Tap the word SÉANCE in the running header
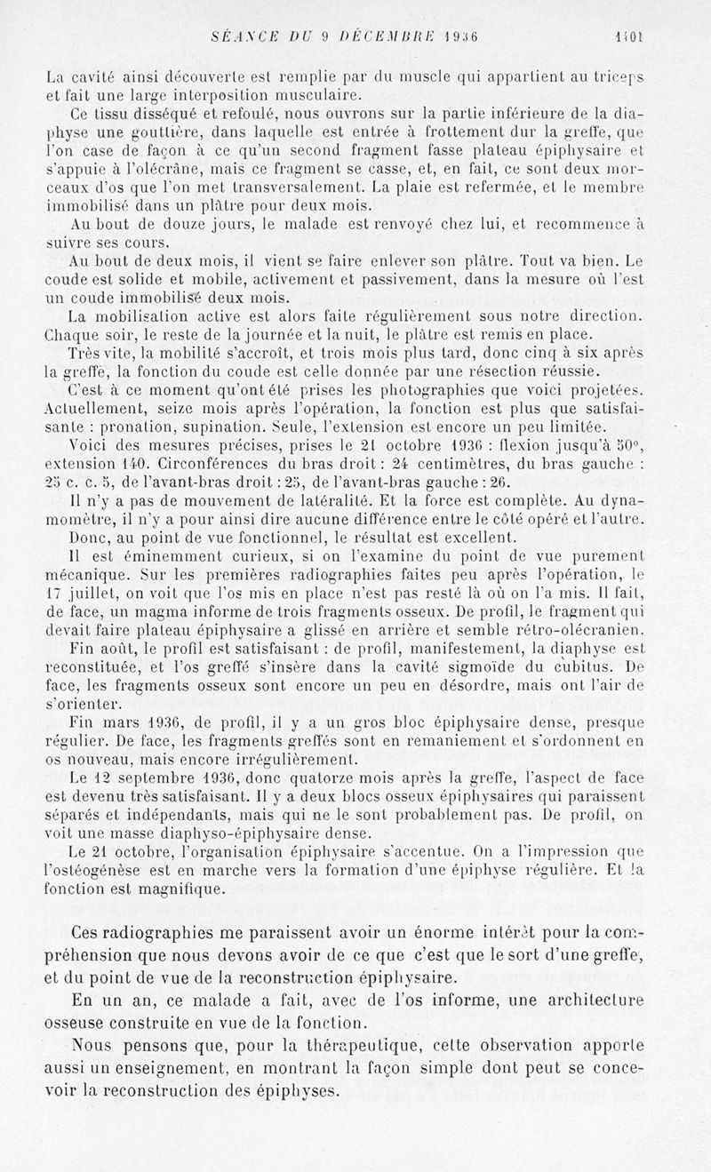[228, 38]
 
